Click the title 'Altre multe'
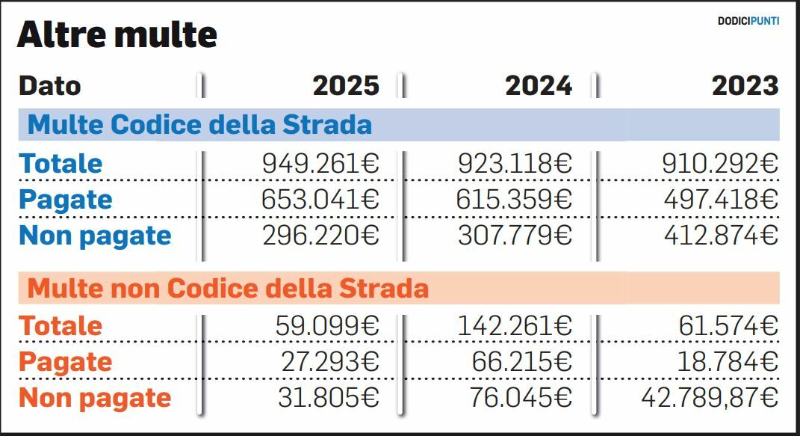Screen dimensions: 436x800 click(x=117, y=35)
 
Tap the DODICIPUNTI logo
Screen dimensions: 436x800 click(x=748, y=21)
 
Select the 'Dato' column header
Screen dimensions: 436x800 click(x=49, y=86)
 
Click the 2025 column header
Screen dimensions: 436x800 click(x=346, y=86)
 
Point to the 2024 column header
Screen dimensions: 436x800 click(x=539, y=86)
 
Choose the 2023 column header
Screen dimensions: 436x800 click(x=745, y=86)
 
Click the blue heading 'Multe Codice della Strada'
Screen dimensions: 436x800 click(x=199, y=124)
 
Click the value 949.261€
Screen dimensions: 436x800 click(x=320, y=164)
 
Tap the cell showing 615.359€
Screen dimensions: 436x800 click(x=514, y=200)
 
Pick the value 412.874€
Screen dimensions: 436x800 click(x=721, y=236)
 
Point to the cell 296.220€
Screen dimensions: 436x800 click(x=320, y=236)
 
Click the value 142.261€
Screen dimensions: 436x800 click(x=514, y=326)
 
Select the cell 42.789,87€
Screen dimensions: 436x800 click(x=710, y=398)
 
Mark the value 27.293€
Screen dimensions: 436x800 click(x=330, y=362)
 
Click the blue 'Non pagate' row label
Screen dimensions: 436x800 click(x=95, y=236)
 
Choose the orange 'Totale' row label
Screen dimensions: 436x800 click(x=61, y=326)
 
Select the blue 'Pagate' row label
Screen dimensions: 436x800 click(x=66, y=200)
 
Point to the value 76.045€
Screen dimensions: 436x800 click(x=521, y=398)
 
